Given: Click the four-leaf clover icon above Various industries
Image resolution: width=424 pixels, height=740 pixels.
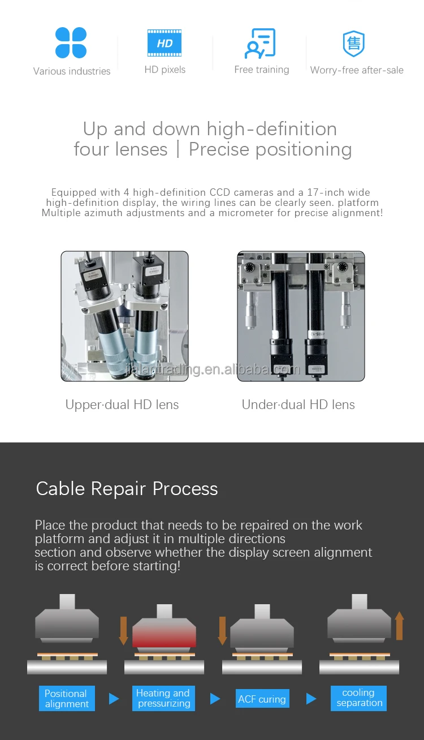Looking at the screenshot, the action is (x=71, y=42).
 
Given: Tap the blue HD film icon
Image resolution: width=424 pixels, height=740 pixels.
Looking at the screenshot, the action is (x=165, y=43).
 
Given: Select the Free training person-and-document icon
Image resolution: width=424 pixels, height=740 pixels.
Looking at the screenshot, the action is (x=260, y=43).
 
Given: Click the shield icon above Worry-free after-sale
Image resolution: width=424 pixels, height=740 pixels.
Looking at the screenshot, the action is (x=354, y=43).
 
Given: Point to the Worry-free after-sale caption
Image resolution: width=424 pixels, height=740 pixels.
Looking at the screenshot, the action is (x=357, y=70).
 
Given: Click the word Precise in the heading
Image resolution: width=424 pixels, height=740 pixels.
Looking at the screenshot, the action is (x=219, y=149).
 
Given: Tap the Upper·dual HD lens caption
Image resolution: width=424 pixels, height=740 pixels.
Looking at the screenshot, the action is (x=122, y=405).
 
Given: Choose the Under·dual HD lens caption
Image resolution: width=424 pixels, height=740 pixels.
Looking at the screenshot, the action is (x=298, y=405).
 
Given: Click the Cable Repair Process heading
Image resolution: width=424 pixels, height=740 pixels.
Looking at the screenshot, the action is (x=127, y=489).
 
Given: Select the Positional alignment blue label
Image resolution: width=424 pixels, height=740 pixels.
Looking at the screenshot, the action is (x=67, y=698).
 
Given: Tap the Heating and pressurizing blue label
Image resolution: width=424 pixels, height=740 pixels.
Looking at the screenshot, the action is (x=163, y=698).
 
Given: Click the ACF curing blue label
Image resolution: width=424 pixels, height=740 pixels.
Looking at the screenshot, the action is (x=262, y=699).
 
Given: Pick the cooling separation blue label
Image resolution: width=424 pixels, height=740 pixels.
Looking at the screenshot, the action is (x=358, y=698).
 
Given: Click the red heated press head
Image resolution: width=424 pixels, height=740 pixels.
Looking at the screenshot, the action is (x=164, y=634).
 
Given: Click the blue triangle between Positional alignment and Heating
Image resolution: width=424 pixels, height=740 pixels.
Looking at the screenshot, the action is (x=114, y=698).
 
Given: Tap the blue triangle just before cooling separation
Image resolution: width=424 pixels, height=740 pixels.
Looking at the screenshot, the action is (x=311, y=698).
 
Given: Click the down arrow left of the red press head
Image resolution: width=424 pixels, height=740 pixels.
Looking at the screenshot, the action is (x=123, y=631).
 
